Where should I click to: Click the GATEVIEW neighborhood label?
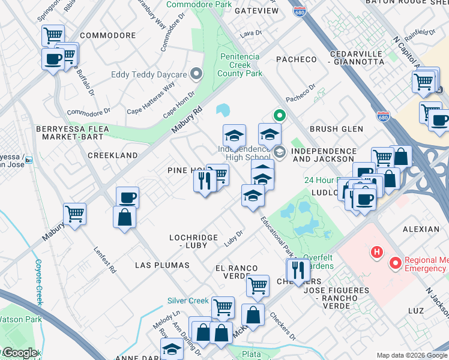click(x=256, y=11)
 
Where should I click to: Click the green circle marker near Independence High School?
click(x=279, y=116)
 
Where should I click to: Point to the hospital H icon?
click(x=378, y=252)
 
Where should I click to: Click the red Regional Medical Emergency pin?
click(x=396, y=262)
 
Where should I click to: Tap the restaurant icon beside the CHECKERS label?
click(x=298, y=268)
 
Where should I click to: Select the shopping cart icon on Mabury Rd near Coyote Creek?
click(x=74, y=214)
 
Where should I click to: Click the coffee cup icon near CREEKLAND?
click(x=127, y=197)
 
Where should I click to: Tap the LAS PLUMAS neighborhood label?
click(x=162, y=265)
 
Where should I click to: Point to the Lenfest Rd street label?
click(x=104, y=258)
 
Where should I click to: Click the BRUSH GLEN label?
click(x=336, y=129)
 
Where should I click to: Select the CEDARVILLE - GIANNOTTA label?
click(x=357, y=57)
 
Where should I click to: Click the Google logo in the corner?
click(x=19, y=353)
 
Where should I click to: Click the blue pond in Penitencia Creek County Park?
click(x=223, y=110)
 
